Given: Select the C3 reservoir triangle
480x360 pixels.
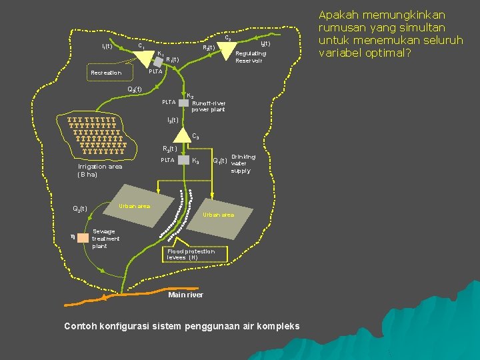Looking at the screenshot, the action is point(184,138).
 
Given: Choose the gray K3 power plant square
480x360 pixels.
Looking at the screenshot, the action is point(184,161).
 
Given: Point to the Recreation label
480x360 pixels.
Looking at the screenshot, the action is point(106,73).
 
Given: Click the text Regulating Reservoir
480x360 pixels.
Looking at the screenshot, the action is point(251,57).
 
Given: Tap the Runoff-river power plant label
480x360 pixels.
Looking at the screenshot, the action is point(208,107).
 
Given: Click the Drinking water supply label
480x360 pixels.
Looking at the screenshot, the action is point(241,163).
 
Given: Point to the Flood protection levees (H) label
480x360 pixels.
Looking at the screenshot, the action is point(191,254).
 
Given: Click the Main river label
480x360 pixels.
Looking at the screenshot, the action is point(186,295).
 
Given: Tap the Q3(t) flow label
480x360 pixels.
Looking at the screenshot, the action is point(134,89).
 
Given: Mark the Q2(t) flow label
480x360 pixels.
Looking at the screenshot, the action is point(80,209).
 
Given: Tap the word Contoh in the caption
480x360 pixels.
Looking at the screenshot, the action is point(83,326).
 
